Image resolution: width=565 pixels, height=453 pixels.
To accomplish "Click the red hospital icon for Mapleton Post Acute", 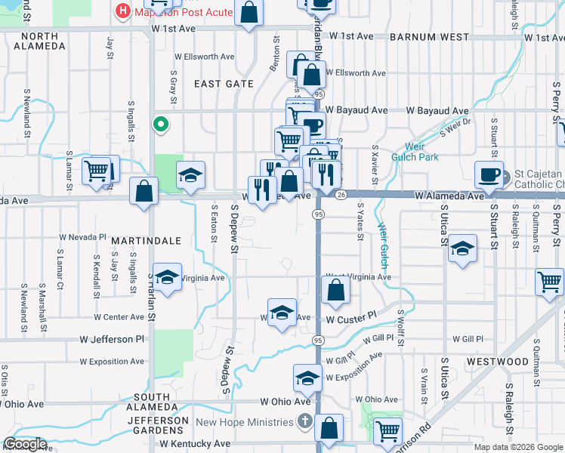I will coord(122,12).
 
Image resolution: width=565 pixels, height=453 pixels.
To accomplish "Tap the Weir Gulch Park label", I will coord(415,151).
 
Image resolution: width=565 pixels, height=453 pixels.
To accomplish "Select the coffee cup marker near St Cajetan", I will coord(489,175).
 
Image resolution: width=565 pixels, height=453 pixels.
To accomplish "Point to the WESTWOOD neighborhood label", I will coord(497,362).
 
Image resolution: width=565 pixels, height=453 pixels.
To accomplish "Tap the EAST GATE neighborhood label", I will coord(224,84).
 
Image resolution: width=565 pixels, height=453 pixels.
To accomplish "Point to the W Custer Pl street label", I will coord(351,319).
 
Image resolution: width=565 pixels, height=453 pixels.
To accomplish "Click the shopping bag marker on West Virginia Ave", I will coord(335,289).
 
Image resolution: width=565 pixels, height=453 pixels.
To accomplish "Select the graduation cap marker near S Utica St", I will coord(462,249).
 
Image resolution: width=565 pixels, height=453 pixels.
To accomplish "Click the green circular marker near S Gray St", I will coord(160,125).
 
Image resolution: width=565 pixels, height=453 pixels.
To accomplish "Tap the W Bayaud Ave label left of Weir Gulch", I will coord(357,110).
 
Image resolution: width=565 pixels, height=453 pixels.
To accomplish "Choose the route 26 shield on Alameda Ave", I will coord(341,196).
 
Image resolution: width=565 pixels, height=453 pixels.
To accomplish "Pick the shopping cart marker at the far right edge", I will coord(550,282).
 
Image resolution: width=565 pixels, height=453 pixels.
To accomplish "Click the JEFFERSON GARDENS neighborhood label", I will coord(157,426).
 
